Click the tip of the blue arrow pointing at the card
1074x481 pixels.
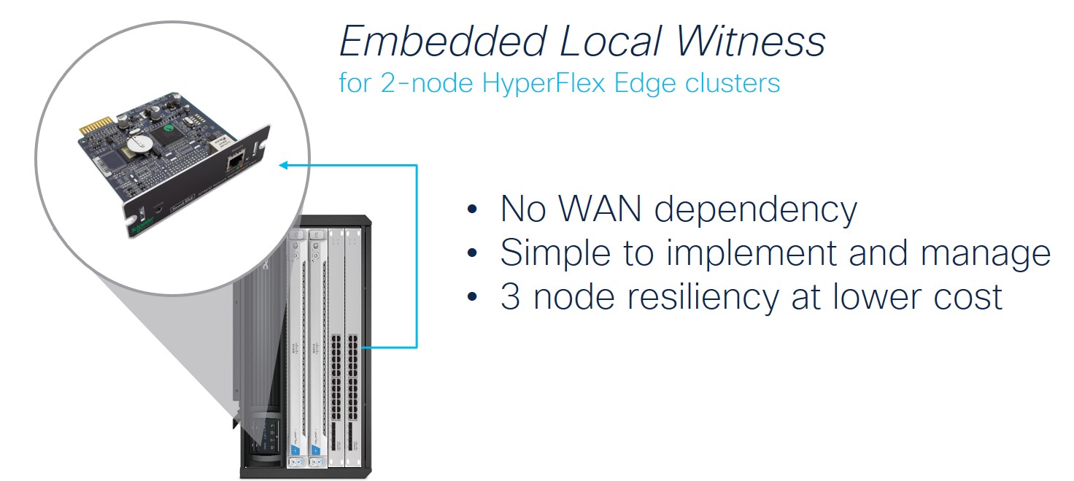279,166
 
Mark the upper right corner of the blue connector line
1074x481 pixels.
417,166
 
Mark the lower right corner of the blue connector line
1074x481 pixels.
417,347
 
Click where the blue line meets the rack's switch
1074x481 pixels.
363,347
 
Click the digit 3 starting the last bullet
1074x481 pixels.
510,296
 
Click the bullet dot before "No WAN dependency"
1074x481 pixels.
472,209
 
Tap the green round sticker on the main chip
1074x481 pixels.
169,128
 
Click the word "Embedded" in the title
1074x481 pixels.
444,41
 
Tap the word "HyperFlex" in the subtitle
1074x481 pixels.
544,82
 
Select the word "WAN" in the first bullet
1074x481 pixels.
600,209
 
